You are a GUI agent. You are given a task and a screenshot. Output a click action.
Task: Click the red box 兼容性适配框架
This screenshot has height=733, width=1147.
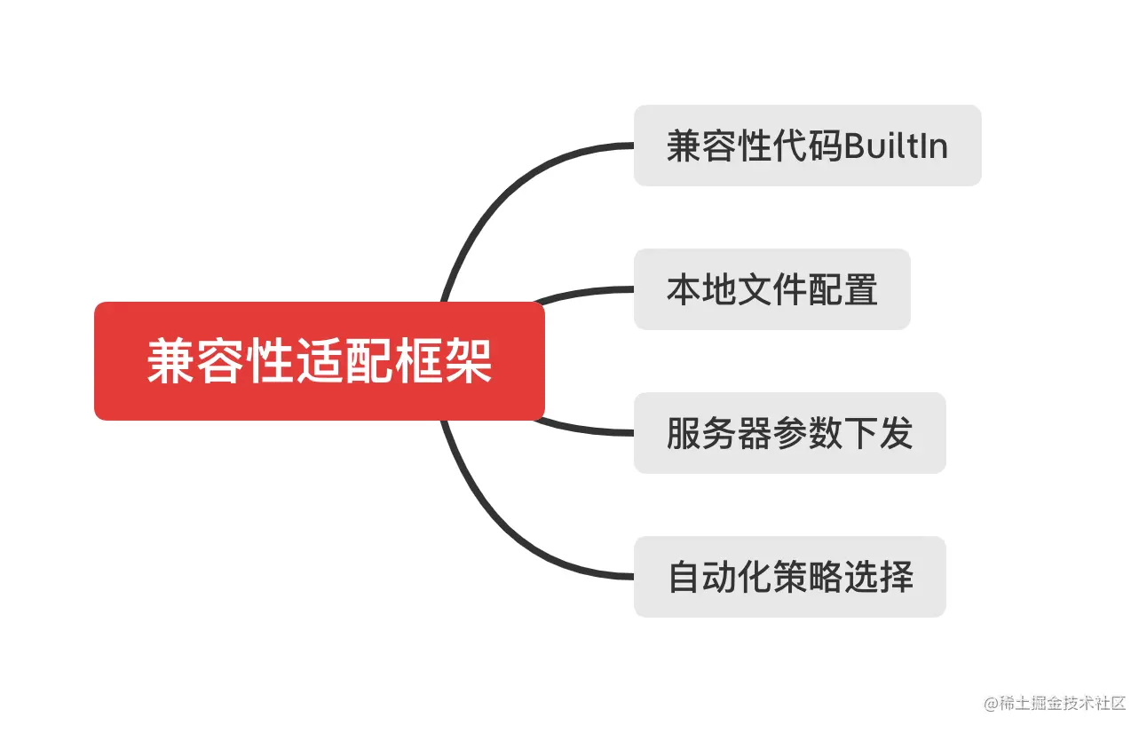click(x=319, y=361)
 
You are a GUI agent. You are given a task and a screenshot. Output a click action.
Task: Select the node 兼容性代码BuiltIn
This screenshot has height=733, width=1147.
click(x=807, y=146)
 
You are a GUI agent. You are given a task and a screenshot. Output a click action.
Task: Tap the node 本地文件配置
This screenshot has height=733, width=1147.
click(x=771, y=289)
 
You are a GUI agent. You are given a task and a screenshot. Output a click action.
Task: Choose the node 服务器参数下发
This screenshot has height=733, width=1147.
click(x=789, y=433)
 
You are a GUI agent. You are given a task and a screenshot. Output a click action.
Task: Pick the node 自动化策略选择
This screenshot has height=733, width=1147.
click(x=789, y=577)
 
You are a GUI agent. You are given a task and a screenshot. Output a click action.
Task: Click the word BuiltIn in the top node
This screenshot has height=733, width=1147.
click(x=896, y=146)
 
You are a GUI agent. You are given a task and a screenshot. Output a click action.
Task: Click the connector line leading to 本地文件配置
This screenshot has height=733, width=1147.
click(x=586, y=291)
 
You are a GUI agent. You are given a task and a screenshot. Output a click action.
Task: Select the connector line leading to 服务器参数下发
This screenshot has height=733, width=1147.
click(x=586, y=431)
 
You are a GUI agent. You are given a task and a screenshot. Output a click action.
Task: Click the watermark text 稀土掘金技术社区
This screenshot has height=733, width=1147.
click(x=1063, y=703)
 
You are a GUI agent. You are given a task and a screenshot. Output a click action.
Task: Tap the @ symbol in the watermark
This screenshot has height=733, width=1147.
click(x=991, y=704)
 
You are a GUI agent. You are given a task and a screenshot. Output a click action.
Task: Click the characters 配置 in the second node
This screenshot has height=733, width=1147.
click(x=842, y=289)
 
